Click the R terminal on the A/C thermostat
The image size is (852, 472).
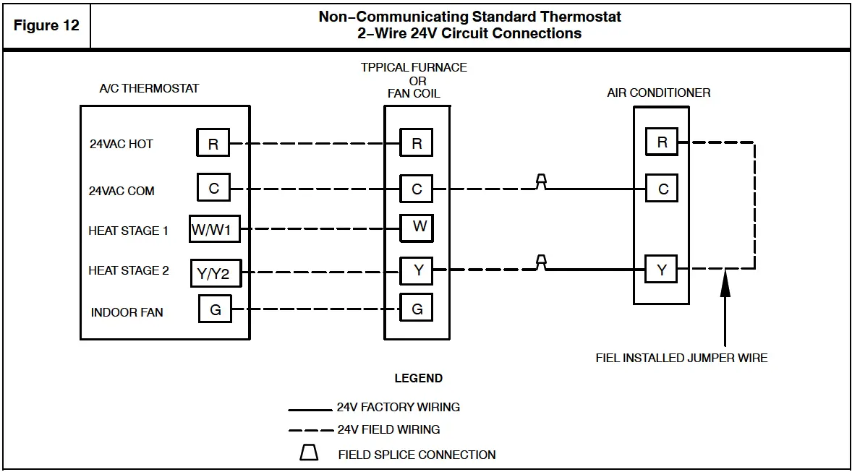click(213, 143)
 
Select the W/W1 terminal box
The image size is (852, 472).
click(215, 228)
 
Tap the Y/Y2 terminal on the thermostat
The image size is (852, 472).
click(216, 273)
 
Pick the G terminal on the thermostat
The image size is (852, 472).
click(216, 309)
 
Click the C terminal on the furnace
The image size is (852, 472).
click(416, 189)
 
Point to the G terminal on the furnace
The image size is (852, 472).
click(417, 308)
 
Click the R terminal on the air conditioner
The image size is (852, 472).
click(662, 141)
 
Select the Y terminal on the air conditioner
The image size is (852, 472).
click(661, 269)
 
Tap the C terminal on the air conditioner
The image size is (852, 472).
click(662, 188)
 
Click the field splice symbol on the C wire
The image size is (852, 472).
click(541, 181)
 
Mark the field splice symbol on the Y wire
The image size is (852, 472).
click(541, 262)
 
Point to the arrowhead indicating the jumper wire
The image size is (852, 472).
click(725, 283)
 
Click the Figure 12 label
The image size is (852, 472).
click(46, 25)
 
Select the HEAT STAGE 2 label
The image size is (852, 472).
click(129, 270)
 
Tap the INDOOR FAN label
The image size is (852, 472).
click(127, 312)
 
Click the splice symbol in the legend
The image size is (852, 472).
click(309, 452)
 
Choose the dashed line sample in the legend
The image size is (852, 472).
click(311, 430)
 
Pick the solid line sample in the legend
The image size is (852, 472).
click(310, 410)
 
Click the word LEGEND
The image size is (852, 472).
click(418, 378)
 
